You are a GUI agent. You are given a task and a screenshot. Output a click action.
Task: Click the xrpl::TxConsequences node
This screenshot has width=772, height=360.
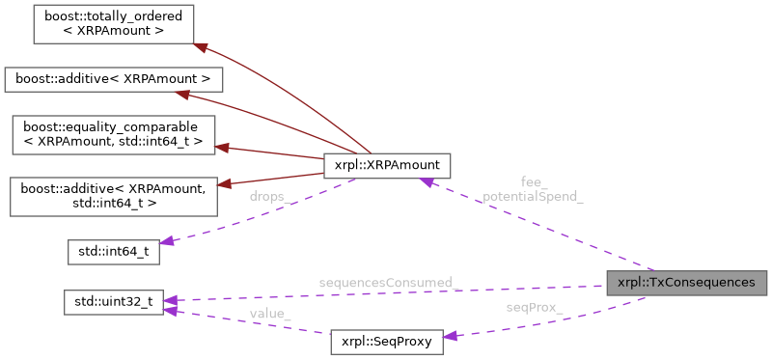point(686,283)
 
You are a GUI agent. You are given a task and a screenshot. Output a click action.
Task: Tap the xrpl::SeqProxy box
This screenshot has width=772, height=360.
point(386,342)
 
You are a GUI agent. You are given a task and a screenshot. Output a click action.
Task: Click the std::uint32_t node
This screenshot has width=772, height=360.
point(112,301)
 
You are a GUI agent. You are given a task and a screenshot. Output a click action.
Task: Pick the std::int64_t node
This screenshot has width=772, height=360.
point(112,253)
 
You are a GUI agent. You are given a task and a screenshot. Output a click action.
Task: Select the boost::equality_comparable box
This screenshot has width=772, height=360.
point(111,134)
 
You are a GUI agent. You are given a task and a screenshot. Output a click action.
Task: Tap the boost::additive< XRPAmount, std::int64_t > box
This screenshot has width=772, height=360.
point(111,196)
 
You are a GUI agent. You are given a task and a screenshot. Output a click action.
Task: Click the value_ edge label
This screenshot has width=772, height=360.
point(270,313)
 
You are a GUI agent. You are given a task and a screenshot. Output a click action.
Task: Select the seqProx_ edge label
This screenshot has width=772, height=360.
point(535,307)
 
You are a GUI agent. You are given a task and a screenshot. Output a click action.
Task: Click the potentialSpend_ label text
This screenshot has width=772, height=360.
point(534,195)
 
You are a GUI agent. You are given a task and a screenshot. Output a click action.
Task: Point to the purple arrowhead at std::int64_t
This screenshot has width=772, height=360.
point(168,242)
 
